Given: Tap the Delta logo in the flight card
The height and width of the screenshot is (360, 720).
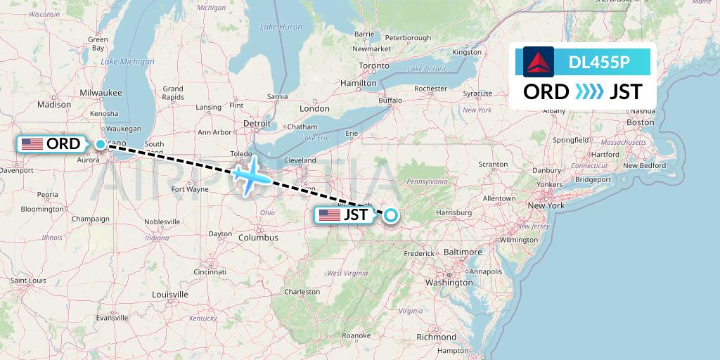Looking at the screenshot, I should [539, 62].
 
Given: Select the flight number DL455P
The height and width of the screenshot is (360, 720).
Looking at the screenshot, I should [599, 63].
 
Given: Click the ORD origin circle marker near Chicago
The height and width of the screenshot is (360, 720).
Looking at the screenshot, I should [101, 144].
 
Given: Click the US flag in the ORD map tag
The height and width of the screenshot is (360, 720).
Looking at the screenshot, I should [32, 144].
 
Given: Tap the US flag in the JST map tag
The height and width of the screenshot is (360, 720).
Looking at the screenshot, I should [329, 215].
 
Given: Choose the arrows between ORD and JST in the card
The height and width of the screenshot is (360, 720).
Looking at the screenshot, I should [589, 92].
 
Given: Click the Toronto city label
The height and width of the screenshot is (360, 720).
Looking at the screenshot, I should [373, 65].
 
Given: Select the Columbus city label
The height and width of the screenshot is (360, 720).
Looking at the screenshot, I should [258, 238].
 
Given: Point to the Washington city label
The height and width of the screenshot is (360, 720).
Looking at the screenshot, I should [449, 282].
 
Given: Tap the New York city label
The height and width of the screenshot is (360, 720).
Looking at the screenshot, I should [546, 205].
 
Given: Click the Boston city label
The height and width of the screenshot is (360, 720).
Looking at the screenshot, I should [641, 122].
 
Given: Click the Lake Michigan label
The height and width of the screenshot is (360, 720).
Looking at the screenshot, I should [127, 61].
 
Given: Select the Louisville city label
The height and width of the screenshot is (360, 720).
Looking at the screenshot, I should [169, 294].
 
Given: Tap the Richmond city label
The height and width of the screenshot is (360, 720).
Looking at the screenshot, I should [437, 337].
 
